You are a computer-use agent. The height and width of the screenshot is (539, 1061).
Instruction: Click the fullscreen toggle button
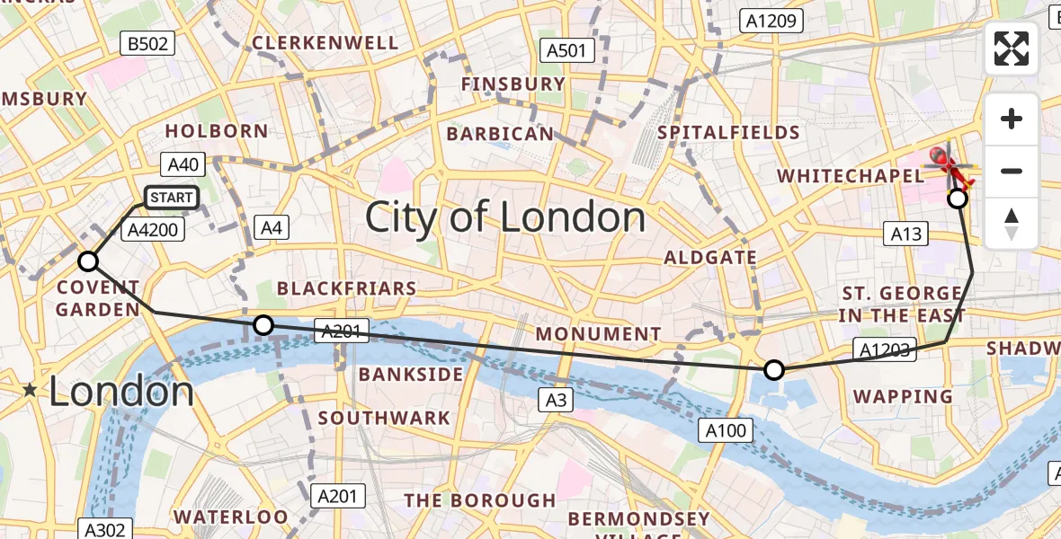[1012, 49]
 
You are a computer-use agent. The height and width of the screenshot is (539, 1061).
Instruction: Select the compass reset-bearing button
[1012, 224]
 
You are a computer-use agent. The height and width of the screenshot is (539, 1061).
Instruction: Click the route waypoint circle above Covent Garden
[88, 261]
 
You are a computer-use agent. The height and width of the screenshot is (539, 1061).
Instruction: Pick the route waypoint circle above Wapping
[773, 369]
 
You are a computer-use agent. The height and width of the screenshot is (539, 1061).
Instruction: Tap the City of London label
[504, 217]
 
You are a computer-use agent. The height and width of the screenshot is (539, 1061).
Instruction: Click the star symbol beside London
[31, 390]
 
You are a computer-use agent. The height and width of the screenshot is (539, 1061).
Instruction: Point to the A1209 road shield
[770, 21]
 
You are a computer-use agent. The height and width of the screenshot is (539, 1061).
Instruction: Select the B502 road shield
[149, 43]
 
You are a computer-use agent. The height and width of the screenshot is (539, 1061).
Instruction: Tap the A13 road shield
[905, 234]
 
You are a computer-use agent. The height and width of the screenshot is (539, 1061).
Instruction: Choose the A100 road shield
[726, 431]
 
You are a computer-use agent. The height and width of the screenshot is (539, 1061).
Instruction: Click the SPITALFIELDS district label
[728, 133]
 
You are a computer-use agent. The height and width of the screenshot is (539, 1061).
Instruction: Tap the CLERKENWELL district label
[325, 43]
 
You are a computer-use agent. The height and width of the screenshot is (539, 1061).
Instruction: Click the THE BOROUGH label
[479, 500]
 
